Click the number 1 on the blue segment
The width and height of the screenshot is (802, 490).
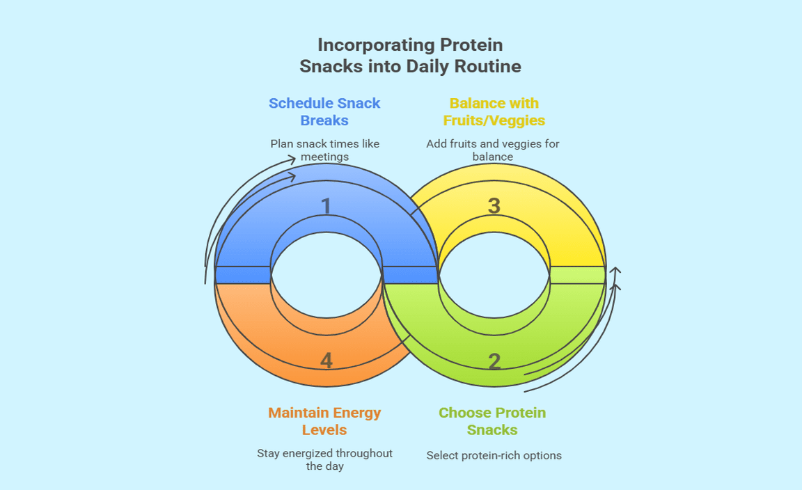coord(326,206)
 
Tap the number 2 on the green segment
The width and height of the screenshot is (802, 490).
coord(494,362)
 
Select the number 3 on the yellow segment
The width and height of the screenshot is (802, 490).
coord(494,206)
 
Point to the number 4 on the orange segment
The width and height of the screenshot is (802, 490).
coord(327,361)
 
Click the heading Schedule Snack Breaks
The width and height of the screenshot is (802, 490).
coord(324,111)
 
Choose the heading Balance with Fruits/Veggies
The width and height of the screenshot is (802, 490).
coord(494,111)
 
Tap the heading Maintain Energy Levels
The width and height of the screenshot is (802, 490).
coord(324,421)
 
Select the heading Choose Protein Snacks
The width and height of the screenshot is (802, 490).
coord(492,421)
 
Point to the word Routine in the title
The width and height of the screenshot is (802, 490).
coord(489,67)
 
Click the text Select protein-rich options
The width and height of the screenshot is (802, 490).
coord(494,456)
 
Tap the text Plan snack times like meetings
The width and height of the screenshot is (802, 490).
coord(324,150)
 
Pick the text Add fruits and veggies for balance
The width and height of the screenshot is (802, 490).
coord(493,150)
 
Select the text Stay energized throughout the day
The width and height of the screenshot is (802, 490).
coord(324,459)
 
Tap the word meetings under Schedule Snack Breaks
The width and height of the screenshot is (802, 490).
coord(324,157)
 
